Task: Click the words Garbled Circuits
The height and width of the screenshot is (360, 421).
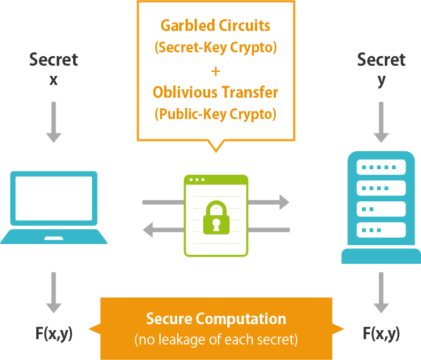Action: [x=216, y=26]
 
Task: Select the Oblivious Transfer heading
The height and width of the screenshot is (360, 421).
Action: [x=216, y=92]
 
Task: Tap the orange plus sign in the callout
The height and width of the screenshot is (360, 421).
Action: [x=216, y=71]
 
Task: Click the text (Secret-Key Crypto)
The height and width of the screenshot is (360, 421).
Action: [x=216, y=48]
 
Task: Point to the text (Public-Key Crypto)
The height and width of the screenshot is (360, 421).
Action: [x=216, y=114]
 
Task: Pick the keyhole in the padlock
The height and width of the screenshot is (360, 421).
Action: [x=216, y=223]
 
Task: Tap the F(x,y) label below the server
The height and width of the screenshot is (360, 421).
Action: [x=381, y=334]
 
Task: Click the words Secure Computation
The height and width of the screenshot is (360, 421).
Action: [x=216, y=319]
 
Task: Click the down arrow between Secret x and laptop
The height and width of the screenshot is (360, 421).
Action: [x=53, y=122]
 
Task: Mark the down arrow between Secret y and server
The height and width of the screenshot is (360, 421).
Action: [x=381, y=122]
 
